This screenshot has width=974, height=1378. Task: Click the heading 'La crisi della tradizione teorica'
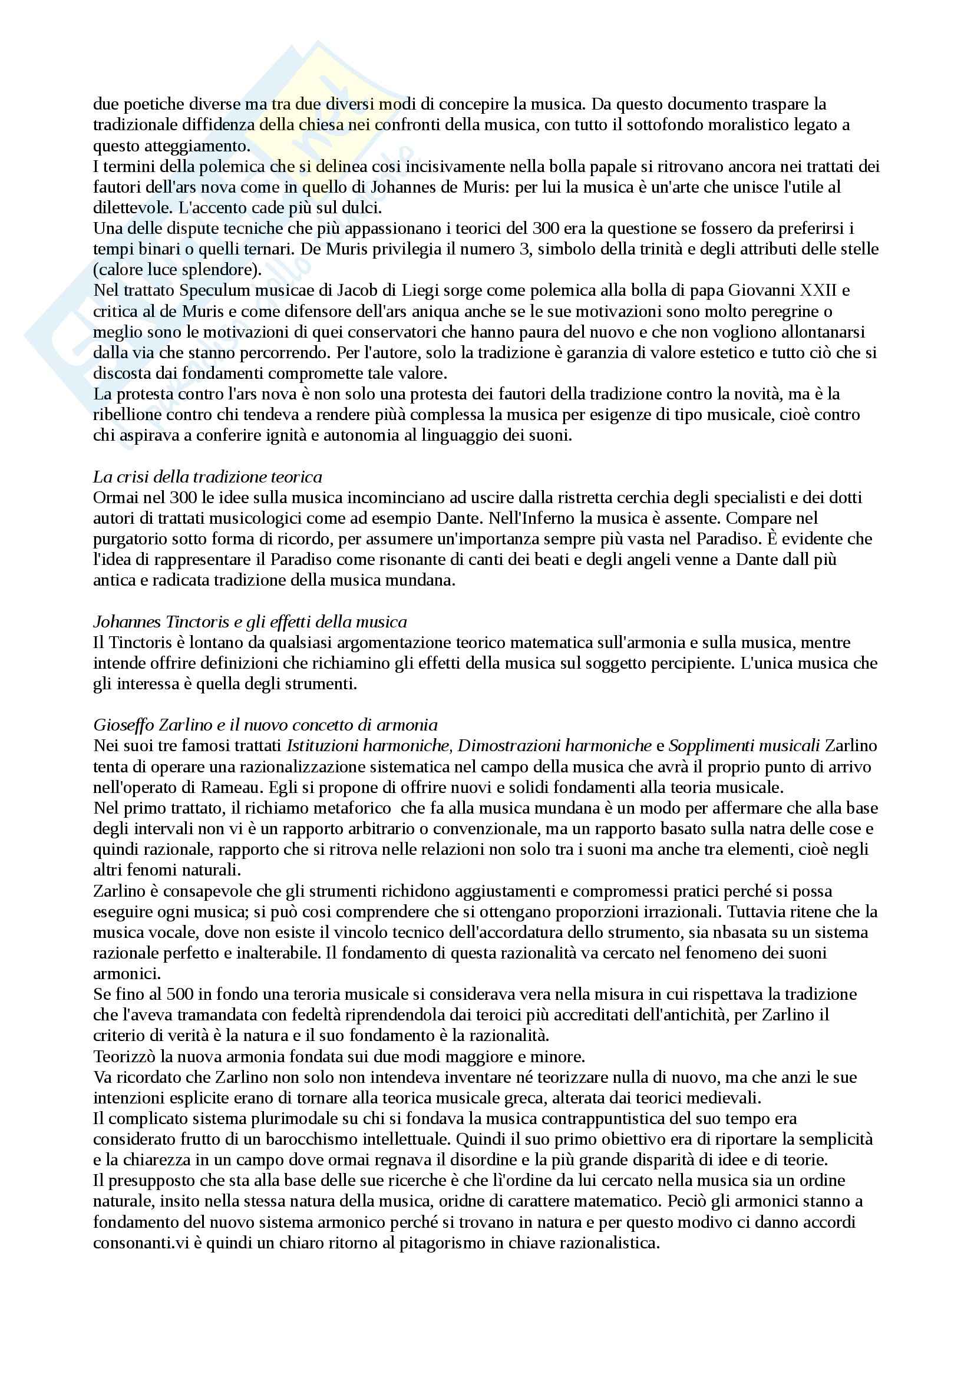[x=207, y=477]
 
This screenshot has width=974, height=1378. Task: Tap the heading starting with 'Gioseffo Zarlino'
[x=265, y=725]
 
